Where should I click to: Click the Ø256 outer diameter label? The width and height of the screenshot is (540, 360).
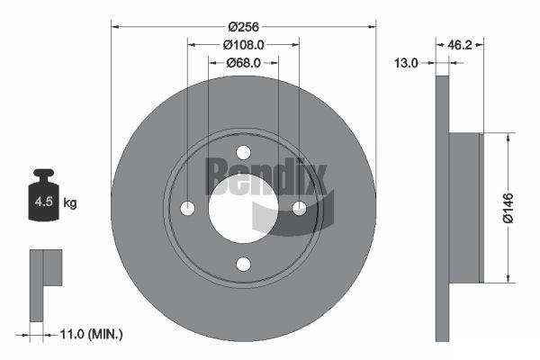[243, 26]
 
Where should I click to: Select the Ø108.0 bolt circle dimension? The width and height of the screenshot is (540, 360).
[243, 45]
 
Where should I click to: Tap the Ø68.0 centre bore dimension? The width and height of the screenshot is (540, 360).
[243, 63]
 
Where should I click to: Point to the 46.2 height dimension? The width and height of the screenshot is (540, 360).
[459, 44]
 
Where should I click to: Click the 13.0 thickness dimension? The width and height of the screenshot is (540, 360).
[406, 63]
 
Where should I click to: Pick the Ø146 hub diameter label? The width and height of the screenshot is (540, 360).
[508, 208]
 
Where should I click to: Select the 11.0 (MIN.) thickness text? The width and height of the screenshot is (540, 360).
[91, 334]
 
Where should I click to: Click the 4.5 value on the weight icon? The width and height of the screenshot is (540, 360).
[44, 202]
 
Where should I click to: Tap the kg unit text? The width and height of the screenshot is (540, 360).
[70, 202]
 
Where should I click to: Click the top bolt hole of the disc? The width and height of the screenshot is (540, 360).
[244, 152]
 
